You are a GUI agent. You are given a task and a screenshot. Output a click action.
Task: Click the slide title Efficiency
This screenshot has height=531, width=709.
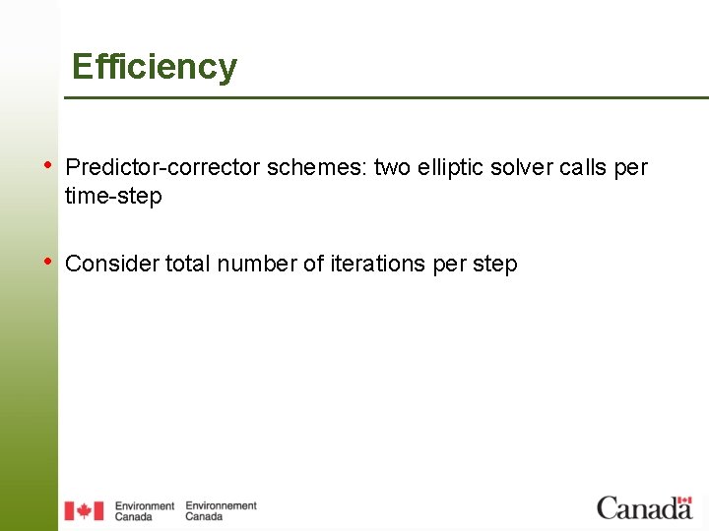(x=155, y=67)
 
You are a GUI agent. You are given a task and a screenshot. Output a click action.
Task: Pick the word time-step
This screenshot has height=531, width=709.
(x=113, y=196)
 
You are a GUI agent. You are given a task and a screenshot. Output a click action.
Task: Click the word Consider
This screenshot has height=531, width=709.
(x=111, y=264)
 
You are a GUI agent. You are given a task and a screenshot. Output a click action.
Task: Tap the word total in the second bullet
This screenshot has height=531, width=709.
(x=187, y=264)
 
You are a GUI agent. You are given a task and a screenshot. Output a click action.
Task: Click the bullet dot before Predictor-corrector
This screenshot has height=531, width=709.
(x=49, y=164)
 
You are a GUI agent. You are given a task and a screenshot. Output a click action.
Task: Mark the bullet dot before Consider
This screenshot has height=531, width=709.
(x=49, y=261)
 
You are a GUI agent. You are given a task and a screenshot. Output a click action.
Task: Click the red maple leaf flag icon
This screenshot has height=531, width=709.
(x=84, y=510)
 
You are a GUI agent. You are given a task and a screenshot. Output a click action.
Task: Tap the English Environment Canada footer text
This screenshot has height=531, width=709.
(x=144, y=511)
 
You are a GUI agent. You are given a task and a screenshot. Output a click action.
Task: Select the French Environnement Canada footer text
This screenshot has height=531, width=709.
(x=221, y=511)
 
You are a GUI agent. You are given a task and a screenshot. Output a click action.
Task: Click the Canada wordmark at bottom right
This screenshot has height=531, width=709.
(x=644, y=508)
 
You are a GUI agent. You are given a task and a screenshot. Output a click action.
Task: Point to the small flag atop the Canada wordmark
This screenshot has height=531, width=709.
(x=683, y=500)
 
